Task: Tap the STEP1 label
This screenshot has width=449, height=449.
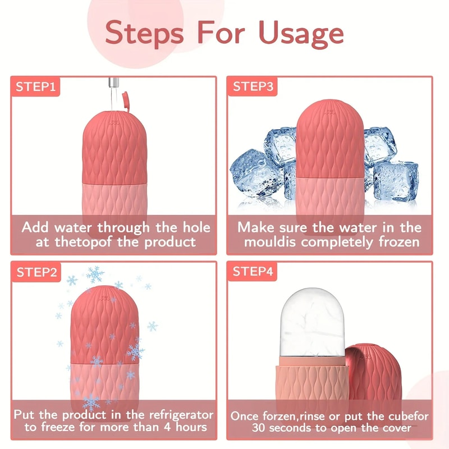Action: pyautogui.click(x=35, y=87)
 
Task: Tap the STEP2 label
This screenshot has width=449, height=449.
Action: pyautogui.click(x=36, y=272)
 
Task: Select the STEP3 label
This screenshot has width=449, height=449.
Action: pyautogui.click(x=253, y=87)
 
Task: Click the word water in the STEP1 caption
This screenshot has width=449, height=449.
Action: pyautogui.click(x=72, y=228)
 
